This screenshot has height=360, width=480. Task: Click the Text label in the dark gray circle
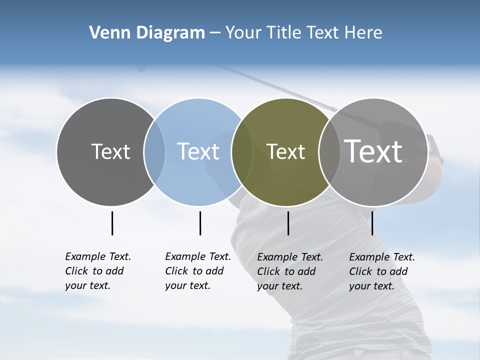tap(110, 151)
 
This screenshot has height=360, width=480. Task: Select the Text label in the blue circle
tap(198, 151)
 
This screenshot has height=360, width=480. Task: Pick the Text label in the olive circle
tap(285, 151)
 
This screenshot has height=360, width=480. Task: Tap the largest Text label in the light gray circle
tap(373, 151)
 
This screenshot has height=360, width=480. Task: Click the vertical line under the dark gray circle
tap(112, 223)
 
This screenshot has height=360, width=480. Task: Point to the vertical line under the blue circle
tap(200, 223)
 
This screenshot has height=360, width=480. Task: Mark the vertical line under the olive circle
tap(288, 223)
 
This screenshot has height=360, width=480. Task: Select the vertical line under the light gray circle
tap(372, 223)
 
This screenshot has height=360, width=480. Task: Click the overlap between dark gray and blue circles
tap(154, 152)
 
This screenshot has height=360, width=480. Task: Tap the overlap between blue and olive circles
tap(242, 152)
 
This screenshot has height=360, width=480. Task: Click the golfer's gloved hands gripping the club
tap(433, 148)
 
